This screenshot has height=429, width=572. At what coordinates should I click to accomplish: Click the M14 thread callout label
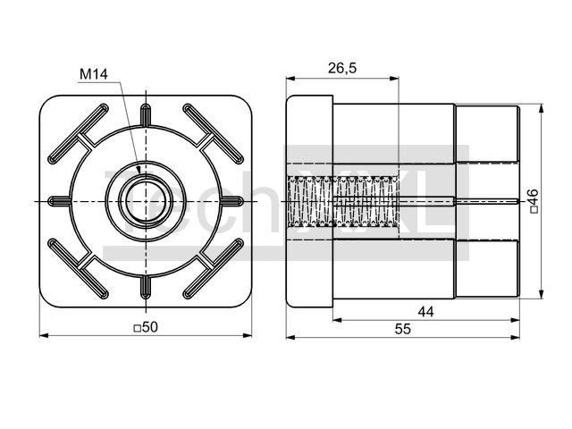pos(94,74)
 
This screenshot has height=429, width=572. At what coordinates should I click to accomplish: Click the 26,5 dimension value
pos(341,68)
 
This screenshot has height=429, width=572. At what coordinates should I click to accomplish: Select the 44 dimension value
pos(425,312)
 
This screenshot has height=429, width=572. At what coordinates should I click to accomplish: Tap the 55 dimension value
pos(403,329)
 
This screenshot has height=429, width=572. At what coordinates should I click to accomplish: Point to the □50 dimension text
pos(146,327)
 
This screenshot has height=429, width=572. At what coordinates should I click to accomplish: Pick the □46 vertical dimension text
pos(533,200)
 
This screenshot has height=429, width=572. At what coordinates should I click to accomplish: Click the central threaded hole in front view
pos(146,201)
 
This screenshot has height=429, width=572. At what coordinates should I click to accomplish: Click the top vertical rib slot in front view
pos(146,115)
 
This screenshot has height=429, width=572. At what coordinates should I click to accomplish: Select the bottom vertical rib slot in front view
pos(146,287)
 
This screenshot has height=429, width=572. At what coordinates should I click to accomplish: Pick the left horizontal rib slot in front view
pos(60,201)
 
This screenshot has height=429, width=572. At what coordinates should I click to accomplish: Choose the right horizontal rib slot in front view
pos(231,201)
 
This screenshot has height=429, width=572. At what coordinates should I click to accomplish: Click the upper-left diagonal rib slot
pos(79,134)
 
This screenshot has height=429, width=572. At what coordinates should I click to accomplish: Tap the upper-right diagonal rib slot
pos(213,134)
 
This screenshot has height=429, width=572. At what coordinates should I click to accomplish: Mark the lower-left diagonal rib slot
pos(79,269)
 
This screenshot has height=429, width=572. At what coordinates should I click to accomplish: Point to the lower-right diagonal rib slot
pos(213,269)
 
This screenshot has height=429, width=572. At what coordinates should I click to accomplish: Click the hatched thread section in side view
pos(343,201)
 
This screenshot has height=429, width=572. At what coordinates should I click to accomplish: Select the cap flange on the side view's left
pos(309,201)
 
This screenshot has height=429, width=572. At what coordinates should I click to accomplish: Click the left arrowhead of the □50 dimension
pos(44,335)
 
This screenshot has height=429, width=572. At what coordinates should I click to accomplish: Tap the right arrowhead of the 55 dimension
pos(516,338)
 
